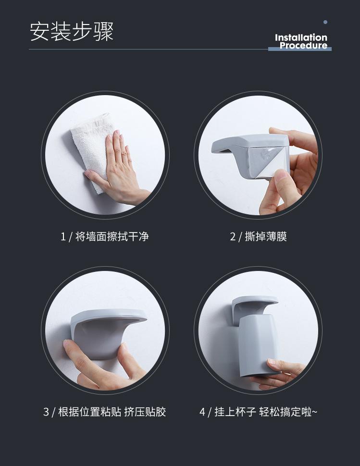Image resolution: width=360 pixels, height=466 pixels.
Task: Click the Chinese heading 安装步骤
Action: click(x=72, y=31)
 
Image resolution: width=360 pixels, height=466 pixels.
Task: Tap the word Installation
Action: click(x=301, y=37)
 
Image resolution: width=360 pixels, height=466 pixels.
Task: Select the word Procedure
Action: click(x=303, y=46)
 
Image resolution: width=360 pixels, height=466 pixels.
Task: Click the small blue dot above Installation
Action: click(x=325, y=22)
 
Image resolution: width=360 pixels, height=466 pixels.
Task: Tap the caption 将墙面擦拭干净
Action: click(x=112, y=236)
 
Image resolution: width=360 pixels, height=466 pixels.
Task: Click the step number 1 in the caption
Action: click(x=63, y=237)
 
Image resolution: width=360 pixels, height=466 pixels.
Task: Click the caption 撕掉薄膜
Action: click(x=266, y=236)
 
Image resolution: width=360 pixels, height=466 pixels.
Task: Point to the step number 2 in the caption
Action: click(x=233, y=237)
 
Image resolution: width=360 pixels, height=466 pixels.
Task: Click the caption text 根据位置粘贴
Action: click(x=89, y=412)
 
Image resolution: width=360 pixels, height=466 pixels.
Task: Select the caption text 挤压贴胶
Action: click(x=145, y=412)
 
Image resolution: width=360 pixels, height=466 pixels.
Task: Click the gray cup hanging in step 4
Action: click(x=258, y=345)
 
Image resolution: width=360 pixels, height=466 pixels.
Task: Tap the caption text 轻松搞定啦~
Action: click(x=288, y=412)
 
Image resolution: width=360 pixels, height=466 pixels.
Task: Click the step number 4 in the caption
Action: click(x=202, y=412)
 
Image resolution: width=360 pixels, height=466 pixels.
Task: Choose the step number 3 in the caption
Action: click(x=46, y=412)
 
